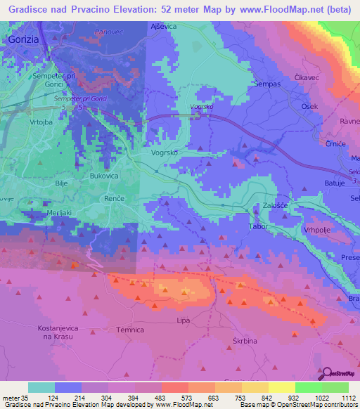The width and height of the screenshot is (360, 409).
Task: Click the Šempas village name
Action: (x=268, y=83)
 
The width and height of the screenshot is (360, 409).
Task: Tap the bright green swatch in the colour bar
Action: (x=309, y=387)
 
